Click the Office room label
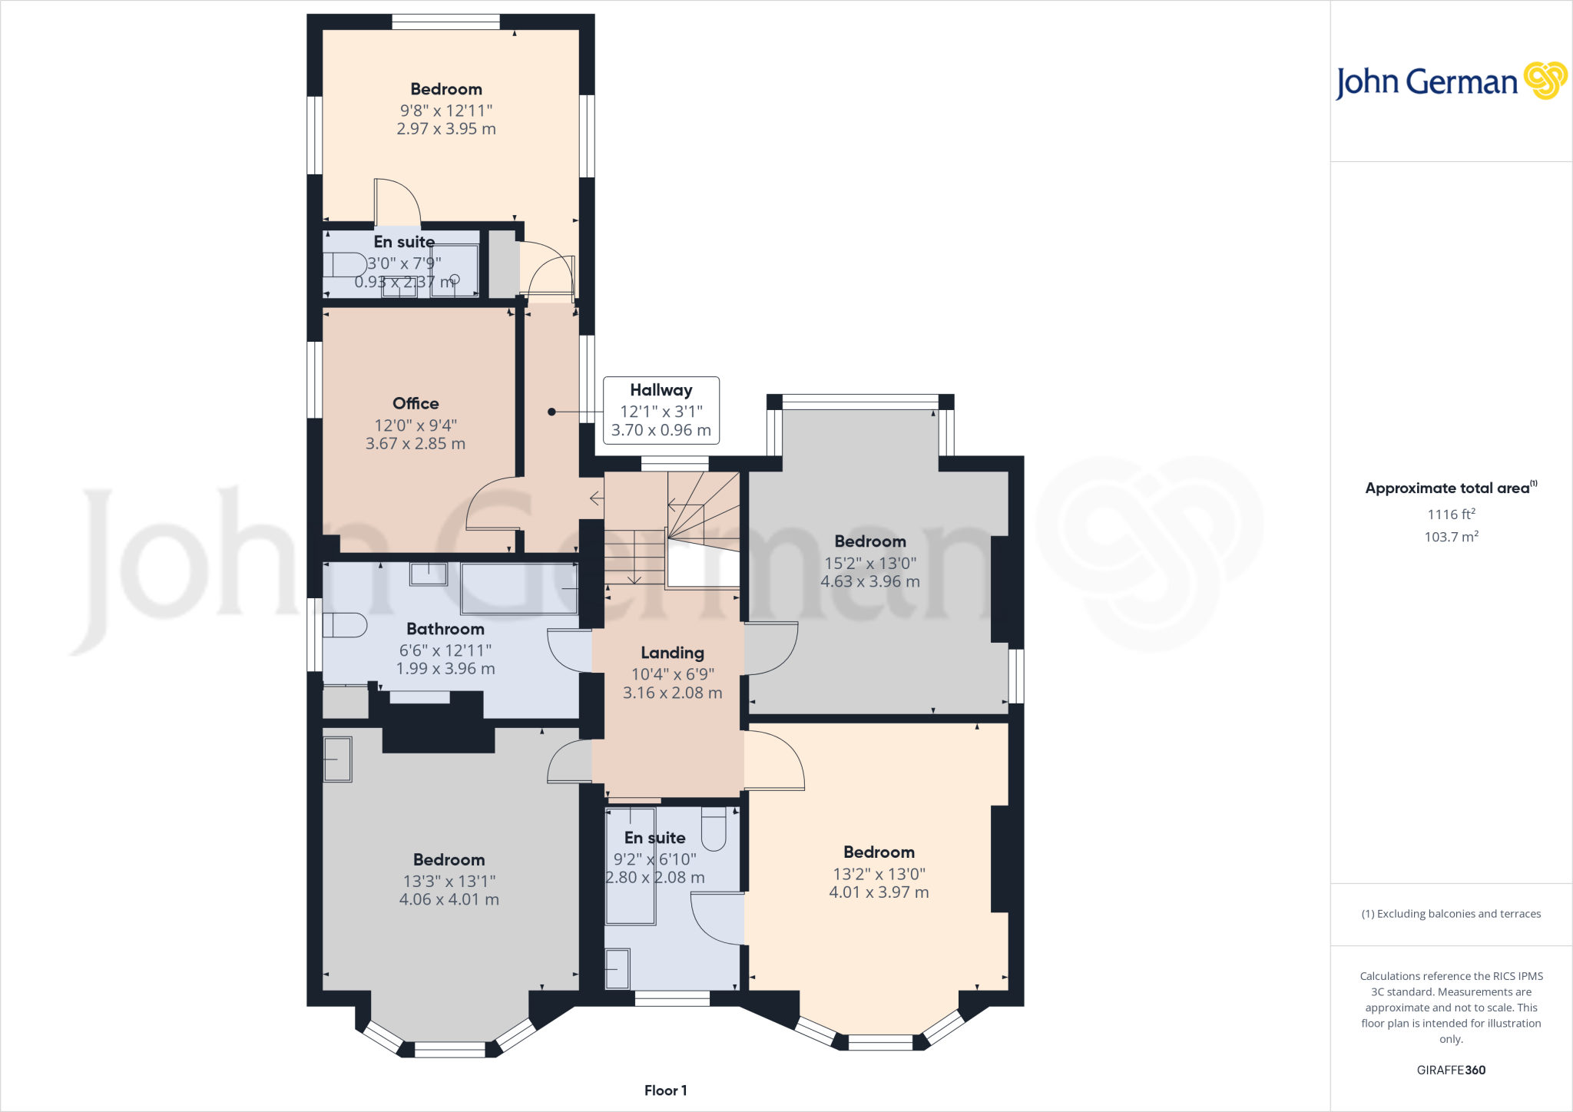point(416,403)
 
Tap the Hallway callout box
point(661,410)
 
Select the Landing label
point(673,653)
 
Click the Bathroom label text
point(445,629)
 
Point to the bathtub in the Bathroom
point(519,588)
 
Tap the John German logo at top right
point(1451,81)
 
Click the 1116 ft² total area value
point(1451,515)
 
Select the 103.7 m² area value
point(1451,537)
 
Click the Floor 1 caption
point(666,1090)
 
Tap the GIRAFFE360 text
point(1451,1070)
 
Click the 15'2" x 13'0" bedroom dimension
point(870,563)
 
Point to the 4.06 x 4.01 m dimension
point(449,899)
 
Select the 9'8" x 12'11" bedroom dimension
point(446,111)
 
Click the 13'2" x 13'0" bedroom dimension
point(879,874)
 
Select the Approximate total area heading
point(1451,488)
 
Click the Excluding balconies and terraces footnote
point(1451,914)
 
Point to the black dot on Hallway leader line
point(551,412)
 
